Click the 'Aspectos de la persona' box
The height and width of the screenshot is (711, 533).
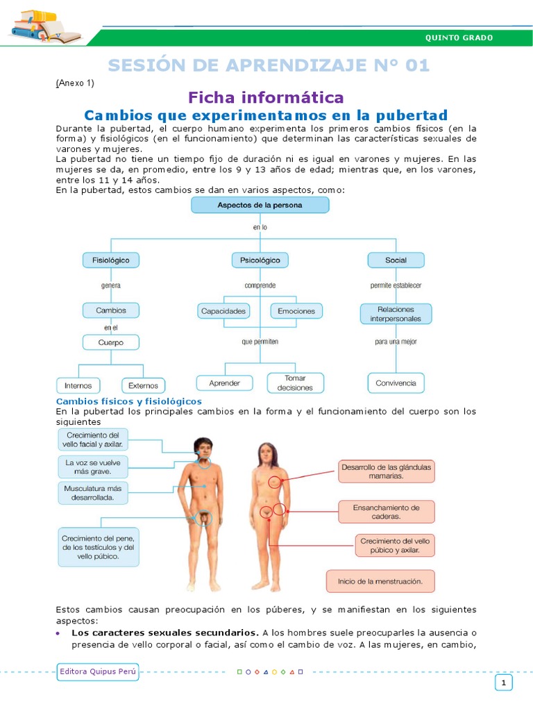tap(260, 205)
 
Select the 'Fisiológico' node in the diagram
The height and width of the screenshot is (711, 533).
tap(111, 260)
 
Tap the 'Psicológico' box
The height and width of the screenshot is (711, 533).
tap(260, 260)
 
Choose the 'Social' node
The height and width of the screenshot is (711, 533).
tap(396, 260)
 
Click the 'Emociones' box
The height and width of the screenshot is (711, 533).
tap(296, 311)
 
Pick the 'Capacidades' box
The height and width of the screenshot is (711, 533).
tap(223, 311)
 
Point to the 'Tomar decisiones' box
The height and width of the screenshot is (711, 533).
tap(295, 383)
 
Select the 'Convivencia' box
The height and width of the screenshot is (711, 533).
tap(396, 383)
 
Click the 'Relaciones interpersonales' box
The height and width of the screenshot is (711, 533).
tap(396, 314)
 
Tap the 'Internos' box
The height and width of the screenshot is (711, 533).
tap(78, 385)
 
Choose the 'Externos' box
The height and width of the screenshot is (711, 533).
tap(144, 385)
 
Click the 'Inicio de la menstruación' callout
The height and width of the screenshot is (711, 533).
tap(380, 581)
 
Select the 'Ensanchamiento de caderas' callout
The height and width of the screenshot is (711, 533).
tap(387, 512)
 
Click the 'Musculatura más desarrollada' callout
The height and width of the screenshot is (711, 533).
tap(91, 493)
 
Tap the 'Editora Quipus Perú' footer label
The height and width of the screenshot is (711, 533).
tap(98, 672)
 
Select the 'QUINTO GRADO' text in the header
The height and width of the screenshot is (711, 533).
tap(459, 37)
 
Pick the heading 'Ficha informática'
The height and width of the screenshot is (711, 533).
tap(266, 97)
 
